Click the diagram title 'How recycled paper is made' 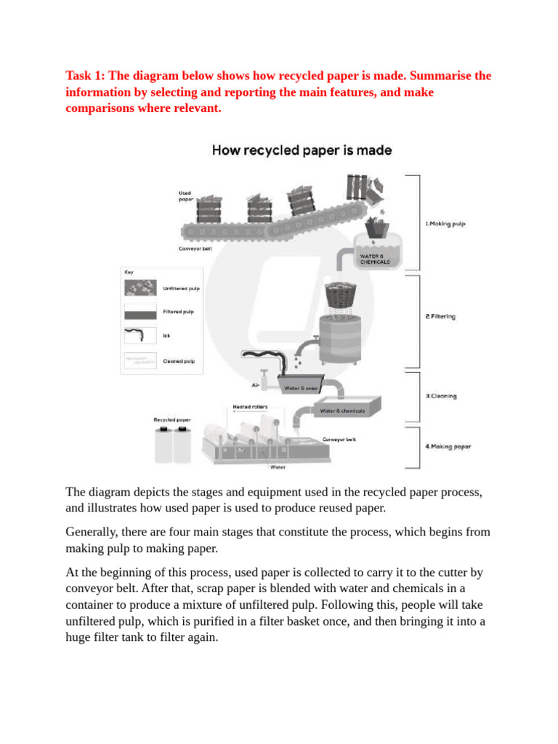tap(302, 151)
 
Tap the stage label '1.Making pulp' tap(445, 225)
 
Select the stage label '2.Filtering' tap(440, 317)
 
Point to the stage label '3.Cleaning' tap(440, 396)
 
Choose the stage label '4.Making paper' tap(448, 446)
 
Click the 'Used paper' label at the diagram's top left tap(186, 196)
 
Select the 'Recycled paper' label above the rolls tap(172, 420)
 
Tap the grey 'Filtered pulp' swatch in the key tap(139, 312)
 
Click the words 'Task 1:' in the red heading tap(86, 76)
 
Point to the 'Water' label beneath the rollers tap(278, 467)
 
